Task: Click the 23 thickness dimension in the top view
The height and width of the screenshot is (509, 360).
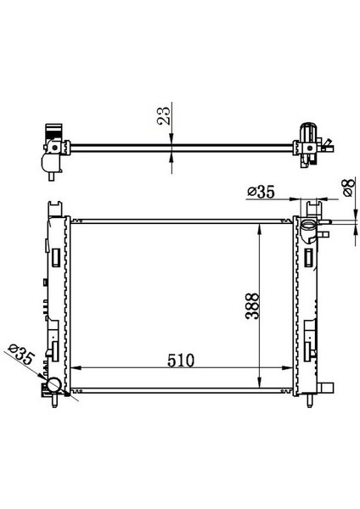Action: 166,112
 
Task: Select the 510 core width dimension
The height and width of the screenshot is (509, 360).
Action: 180,359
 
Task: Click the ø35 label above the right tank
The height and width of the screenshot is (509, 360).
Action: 260,193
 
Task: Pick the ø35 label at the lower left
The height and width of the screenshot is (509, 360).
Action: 20,355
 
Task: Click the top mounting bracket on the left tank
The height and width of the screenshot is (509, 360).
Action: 57,208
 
